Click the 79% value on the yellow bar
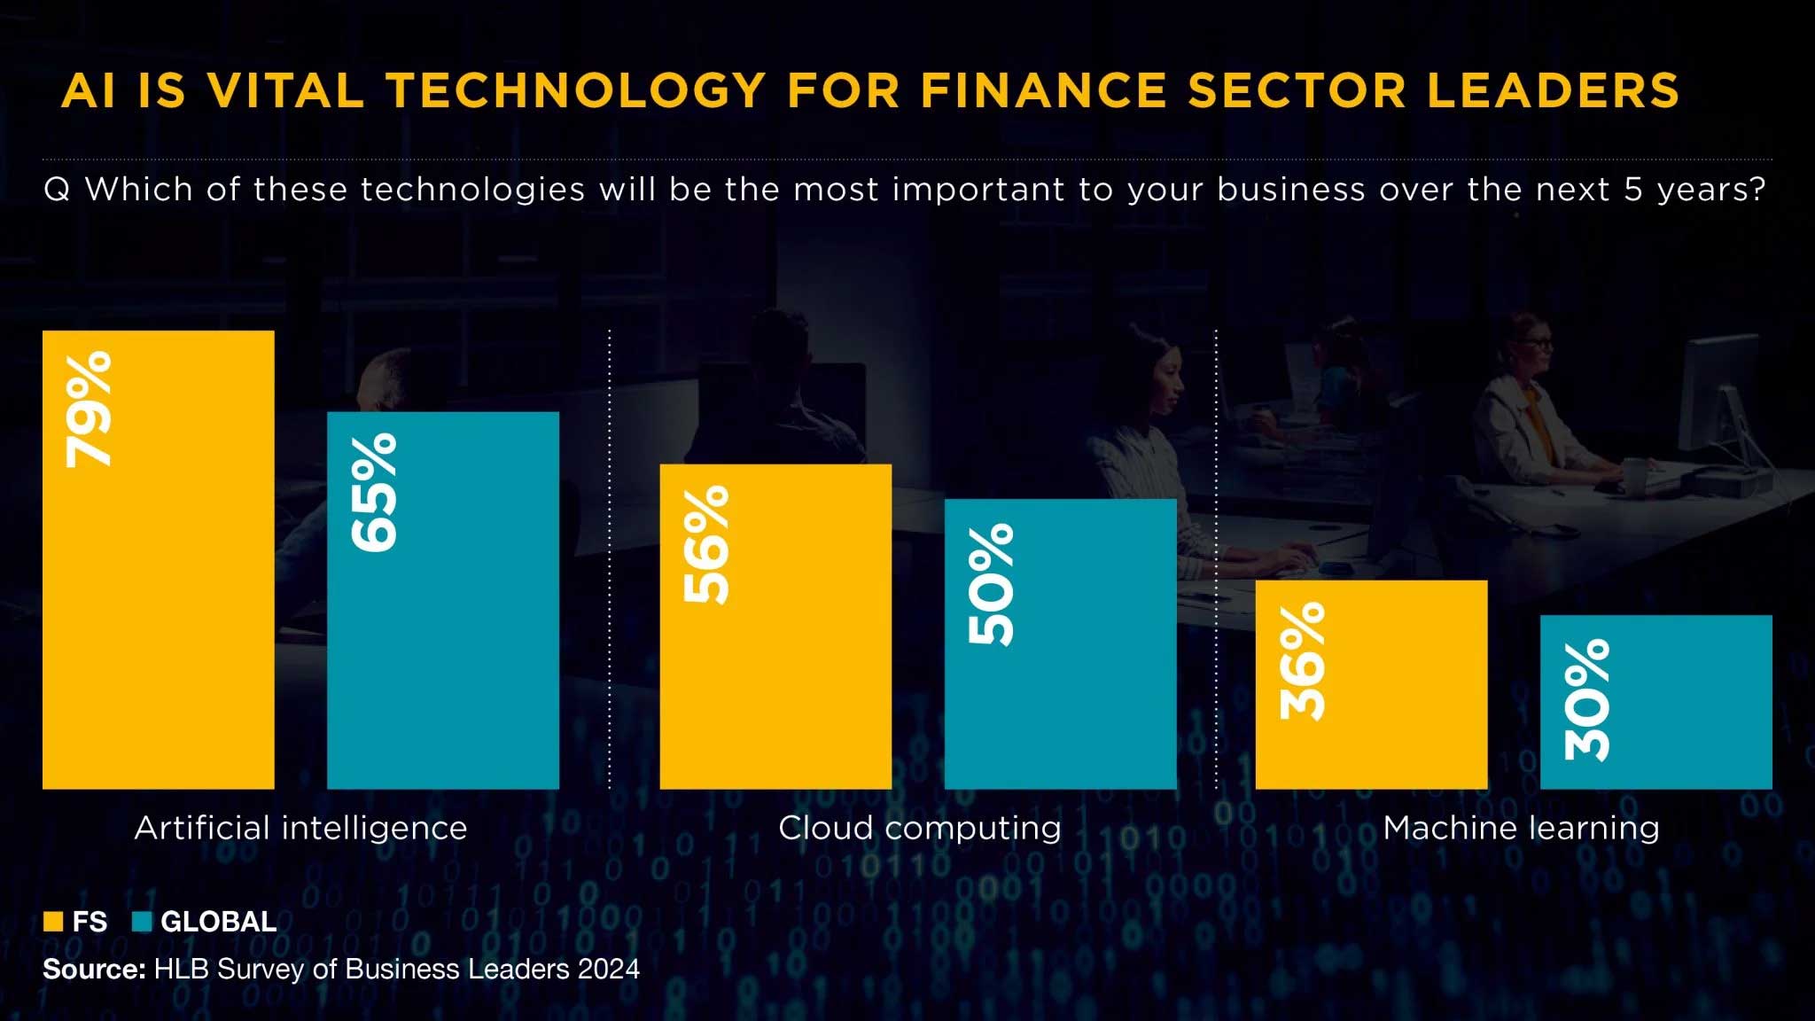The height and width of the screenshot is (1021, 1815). coord(89,409)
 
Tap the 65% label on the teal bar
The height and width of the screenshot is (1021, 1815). coord(374,492)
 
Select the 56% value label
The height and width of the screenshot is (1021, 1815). coord(706,544)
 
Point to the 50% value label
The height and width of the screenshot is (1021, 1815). coord(991,584)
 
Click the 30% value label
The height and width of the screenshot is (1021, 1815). coord(1586,700)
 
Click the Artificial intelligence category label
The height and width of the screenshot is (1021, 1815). coord(300,829)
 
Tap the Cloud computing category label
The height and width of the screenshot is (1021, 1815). coord(920,829)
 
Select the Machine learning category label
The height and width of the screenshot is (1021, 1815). coord(1521,829)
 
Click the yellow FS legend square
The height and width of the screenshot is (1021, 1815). coord(53,922)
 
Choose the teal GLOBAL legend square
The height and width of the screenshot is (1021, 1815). coord(142,922)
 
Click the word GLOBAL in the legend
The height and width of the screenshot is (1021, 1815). coord(219,922)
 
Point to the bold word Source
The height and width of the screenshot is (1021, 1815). coord(94,969)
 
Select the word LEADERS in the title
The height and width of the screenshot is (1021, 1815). coord(1554,90)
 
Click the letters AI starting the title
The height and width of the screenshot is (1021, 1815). coord(89,90)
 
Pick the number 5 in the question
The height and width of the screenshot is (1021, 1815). coord(1632,190)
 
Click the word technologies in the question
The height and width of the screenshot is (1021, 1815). coord(472,190)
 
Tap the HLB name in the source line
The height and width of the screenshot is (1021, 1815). coord(182,969)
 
